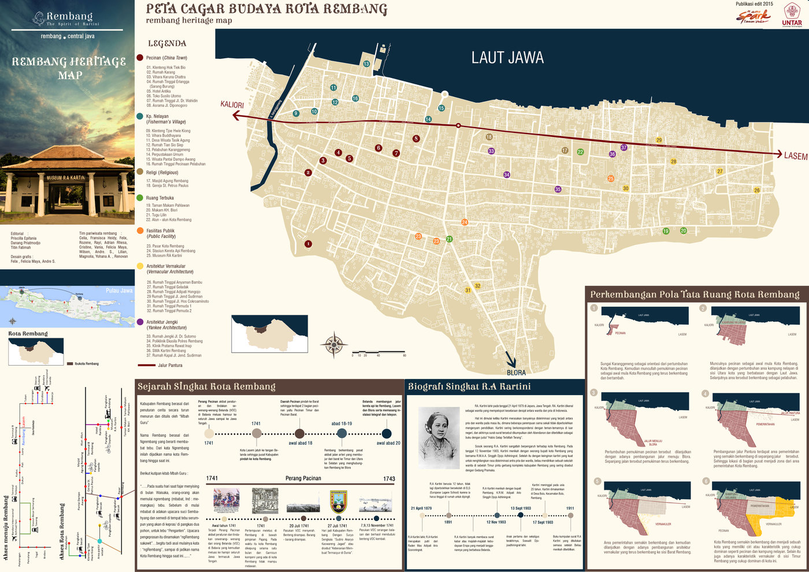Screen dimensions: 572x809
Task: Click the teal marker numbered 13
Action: click(366, 64)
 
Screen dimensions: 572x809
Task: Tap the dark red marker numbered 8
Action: click(416, 139)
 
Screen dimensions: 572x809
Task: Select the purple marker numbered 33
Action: click(491, 151)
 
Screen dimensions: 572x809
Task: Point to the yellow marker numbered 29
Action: click(659, 140)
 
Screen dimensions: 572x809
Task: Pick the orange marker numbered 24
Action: click(465, 222)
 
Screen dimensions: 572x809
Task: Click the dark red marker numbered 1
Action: click(308, 244)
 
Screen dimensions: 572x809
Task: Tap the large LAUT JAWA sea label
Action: click(507, 58)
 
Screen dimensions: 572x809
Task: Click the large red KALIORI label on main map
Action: click(232, 105)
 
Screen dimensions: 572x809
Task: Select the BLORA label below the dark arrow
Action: click(516, 373)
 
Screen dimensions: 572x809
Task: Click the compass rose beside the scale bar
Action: click(334, 345)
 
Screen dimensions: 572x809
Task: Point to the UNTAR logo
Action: click(792, 15)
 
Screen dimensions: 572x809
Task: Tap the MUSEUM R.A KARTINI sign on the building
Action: click(66, 178)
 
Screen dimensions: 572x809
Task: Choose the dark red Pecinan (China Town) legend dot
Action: click(140, 58)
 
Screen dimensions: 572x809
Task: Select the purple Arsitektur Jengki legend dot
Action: click(140, 322)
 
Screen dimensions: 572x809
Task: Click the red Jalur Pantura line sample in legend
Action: click(146, 365)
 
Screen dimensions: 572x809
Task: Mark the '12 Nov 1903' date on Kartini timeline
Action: click(496, 522)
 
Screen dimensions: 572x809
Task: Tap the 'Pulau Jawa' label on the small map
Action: click(119, 291)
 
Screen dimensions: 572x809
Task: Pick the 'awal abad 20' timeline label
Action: click(388, 443)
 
